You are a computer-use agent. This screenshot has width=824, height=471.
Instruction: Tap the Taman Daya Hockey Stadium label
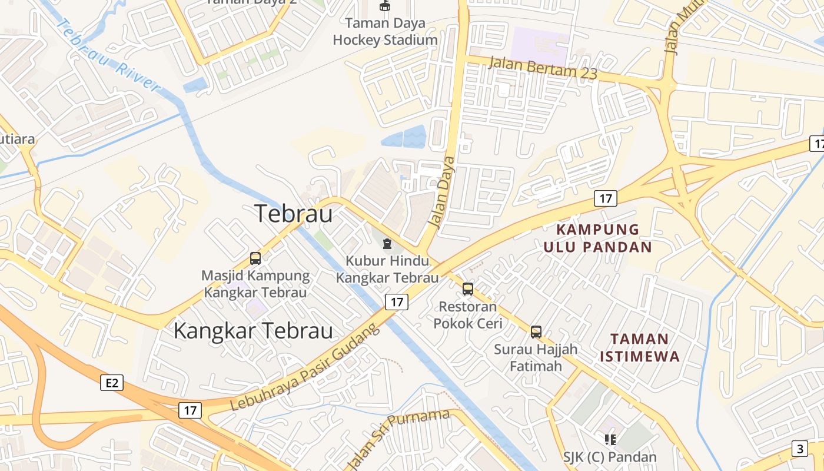pyautogui.click(x=385, y=32)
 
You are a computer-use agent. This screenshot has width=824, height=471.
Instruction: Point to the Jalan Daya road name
pyautogui.click(x=442, y=192)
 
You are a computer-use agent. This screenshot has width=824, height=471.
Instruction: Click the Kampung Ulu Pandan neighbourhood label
pyautogui.click(x=597, y=238)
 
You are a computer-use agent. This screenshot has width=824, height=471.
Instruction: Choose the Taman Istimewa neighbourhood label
pyautogui.click(x=639, y=347)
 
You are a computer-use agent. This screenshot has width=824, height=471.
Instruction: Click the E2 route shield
pyautogui.click(x=112, y=383)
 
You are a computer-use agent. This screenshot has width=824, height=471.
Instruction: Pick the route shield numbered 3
pyautogui.click(x=799, y=449)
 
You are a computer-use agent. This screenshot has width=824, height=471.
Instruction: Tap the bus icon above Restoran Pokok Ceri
pyautogui.click(x=468, y=289)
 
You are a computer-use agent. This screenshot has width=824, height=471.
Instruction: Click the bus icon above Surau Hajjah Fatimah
pyautogui.click(x=536, y=331)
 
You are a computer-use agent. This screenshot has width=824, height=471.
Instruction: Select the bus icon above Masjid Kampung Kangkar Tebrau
pyautogui.click(x=255, y=258)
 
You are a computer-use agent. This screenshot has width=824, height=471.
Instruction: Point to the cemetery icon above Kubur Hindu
pyautogui.click(x=387, y=243)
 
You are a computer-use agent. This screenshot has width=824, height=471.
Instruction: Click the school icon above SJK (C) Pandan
pyautogui.click(x=610, y=439)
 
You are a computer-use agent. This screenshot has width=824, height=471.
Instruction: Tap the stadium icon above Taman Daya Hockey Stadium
pyautogui.click(x=385, y=6)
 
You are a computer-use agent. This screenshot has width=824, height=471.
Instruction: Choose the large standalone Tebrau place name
pyautogui.click(x=294, y=213)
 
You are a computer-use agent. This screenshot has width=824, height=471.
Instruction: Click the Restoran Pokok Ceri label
pyautogui.click(x=468, y=315)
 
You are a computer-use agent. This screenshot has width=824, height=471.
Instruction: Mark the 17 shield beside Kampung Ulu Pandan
pyautogui.click(x=605, y=198)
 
